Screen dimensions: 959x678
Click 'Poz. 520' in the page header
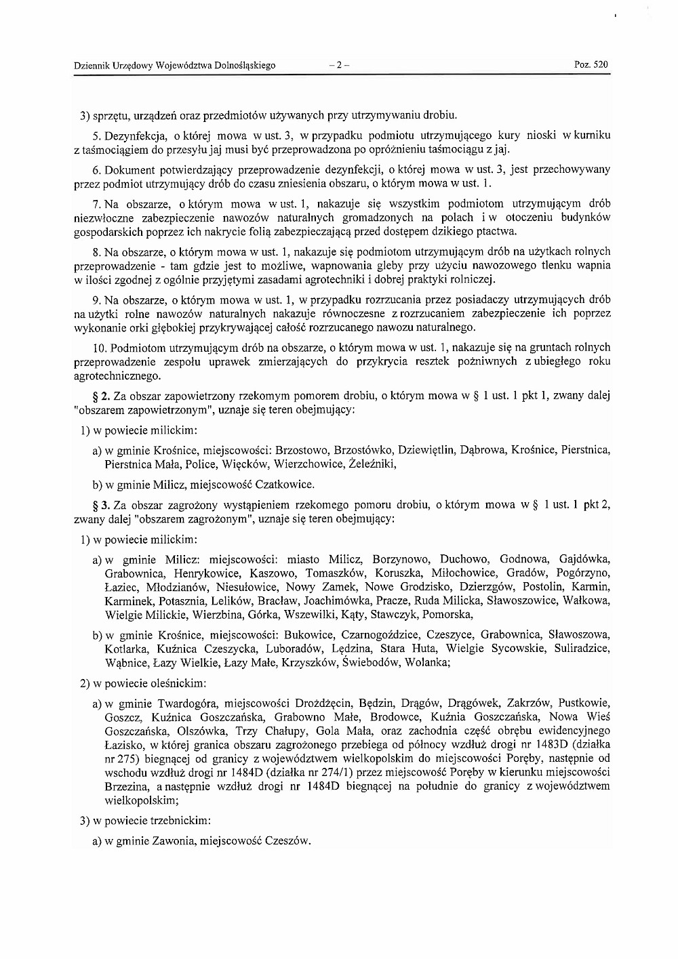[591, 65]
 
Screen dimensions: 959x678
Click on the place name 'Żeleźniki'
[372, 464]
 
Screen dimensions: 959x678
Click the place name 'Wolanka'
[426, 663]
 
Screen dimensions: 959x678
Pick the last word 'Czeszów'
[287, 841]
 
